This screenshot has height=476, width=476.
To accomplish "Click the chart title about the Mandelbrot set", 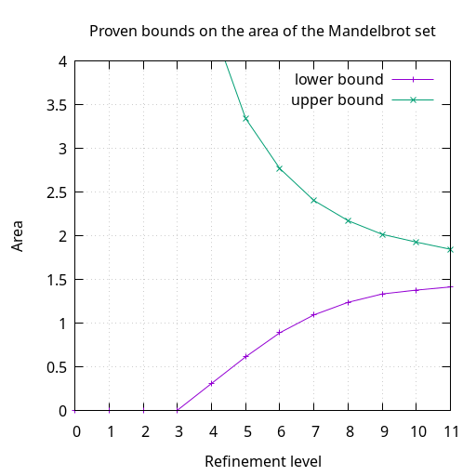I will [x=262, y=32].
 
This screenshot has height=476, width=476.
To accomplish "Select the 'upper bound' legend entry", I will [x=337, y=99].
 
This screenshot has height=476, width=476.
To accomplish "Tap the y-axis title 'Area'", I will [x=18, y=236].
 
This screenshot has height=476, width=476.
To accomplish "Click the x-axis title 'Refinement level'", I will [x=262, y=461].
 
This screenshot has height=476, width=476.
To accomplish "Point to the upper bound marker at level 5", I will [x=245, y=118].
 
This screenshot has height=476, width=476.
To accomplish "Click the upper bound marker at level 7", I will [x=314, y=200].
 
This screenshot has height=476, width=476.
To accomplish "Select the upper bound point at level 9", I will [x=382, y=234].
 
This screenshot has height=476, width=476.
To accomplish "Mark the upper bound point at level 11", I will [x=451, y=249].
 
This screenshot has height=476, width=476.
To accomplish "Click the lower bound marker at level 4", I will [x=212, y=383].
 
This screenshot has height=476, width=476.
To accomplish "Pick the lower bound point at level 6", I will [x=280, y=332].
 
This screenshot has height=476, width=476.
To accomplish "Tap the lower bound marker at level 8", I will [x=349, y=302].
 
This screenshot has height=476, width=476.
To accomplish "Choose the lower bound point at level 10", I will [x=416, y=290].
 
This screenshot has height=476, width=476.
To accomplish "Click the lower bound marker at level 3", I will [x=178, y=410].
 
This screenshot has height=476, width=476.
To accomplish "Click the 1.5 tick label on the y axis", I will [x=55, y=280].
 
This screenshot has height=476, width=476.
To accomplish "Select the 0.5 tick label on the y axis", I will [x=55, y=367].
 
